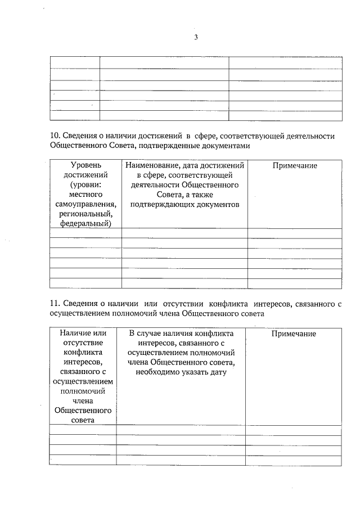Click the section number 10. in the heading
(x=56, y=136)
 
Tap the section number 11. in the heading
(x=55, y=304)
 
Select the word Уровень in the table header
(x=85, y=165)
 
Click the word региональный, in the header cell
(x=85, y=214)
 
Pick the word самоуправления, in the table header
(x=85, y=204)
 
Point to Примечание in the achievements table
(x=294, y=165)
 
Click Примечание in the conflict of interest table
(x=293, y=334)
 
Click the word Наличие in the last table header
(x=76, y=334)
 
